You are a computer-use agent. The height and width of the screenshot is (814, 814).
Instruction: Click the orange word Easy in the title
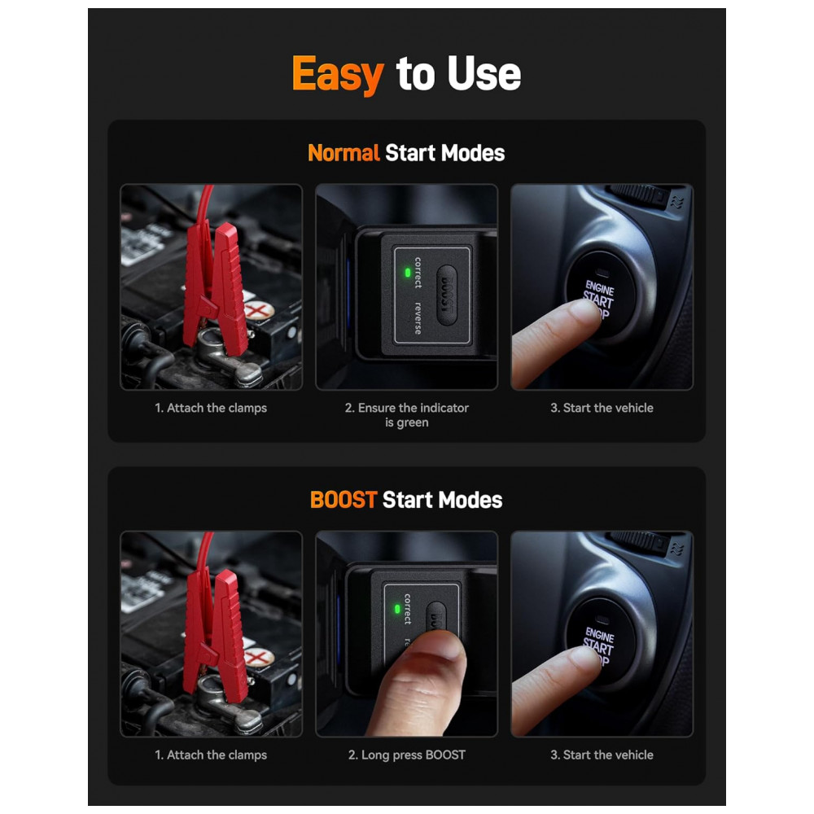click(338, 75)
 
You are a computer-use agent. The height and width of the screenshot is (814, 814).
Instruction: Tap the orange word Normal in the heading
click(344, 153)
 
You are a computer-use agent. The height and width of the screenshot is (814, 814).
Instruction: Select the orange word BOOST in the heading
click(344, 500)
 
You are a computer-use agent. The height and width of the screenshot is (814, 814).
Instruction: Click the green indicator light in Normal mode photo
click(408, 273)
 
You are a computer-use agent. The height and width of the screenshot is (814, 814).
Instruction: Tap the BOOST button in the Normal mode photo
click(447, 295)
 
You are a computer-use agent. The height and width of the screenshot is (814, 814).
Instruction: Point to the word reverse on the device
click(418, 317)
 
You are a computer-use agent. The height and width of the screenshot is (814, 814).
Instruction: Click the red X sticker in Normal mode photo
click(259, 310)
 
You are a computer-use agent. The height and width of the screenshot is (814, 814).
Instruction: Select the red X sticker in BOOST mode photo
click(259, 657)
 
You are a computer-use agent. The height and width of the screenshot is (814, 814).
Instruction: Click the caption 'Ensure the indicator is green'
click(406, 415)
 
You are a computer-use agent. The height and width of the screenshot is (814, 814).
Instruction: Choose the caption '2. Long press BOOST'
click(406, 755)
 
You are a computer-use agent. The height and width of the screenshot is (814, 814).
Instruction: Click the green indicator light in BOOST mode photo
click(397, 609)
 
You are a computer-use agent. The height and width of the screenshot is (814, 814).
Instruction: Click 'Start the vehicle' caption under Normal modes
click(602, 408)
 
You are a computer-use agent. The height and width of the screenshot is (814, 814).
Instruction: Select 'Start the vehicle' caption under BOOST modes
click(602, 755)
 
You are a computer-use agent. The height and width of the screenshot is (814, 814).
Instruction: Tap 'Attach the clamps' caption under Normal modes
click(211, 408)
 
